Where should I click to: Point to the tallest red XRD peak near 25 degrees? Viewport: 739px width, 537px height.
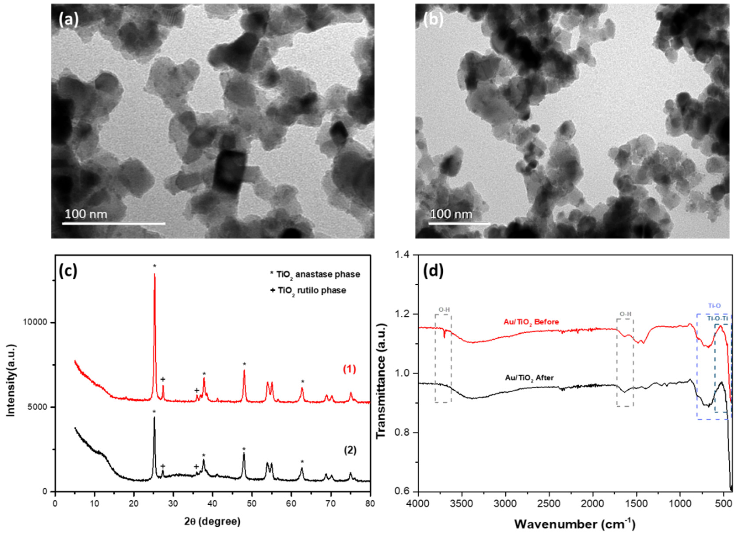[x=154, y=277]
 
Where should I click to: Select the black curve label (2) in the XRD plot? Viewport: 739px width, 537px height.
[x=350, y=450]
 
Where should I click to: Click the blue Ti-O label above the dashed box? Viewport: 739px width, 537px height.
[x=715, y=306]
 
